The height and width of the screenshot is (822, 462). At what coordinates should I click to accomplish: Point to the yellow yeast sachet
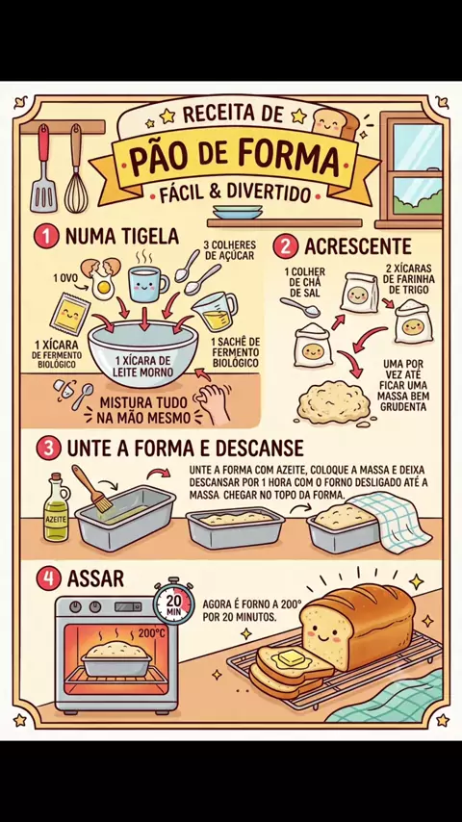70,315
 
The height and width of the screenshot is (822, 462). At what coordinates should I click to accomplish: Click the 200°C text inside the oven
151,633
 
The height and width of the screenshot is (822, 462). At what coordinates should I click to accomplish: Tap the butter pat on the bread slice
294,656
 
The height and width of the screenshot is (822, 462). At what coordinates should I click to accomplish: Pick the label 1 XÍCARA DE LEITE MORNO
142,367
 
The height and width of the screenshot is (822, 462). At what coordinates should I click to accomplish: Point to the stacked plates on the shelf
237,212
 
